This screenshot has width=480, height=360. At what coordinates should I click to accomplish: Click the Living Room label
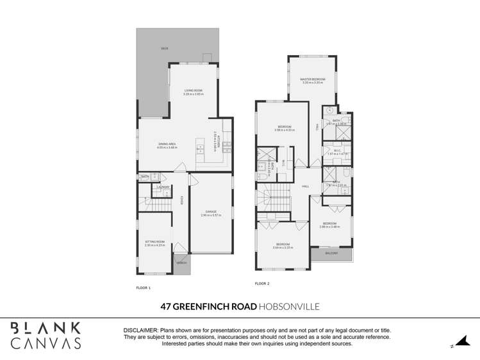[x=193, y=91]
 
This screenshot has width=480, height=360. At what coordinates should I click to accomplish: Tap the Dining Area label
[x=167, y=144]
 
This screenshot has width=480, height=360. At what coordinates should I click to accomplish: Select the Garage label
[x=211, y=211]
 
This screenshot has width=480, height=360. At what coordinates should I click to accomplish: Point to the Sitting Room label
[x=154, y=241]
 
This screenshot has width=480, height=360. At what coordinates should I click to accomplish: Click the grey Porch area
[x=181, y=265]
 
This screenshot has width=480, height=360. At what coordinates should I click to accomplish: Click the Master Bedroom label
[x=311, y=79]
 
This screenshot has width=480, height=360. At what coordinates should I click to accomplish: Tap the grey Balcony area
[x=331, y=254]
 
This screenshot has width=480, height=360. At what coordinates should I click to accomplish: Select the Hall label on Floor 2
[x=306, y=186]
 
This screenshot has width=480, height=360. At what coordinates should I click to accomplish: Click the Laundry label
[x=163, y=187]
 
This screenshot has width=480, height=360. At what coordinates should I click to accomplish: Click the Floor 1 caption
[x=143, y=288]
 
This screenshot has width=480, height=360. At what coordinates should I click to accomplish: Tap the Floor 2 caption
[x=262, y=283]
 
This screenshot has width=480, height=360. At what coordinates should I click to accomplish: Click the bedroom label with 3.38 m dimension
[x=283, y=127]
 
